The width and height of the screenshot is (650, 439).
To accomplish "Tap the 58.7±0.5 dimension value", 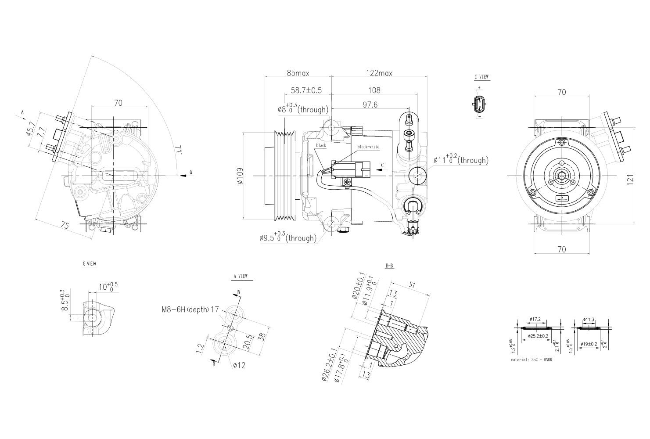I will (306, 90).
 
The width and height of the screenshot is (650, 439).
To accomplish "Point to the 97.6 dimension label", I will (370, 104).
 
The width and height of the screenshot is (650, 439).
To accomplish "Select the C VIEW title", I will (481, 77).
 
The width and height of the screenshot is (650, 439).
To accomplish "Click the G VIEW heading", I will (89, 264).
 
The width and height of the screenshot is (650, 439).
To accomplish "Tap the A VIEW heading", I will (240, 276).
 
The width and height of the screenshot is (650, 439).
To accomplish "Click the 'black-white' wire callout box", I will (368, 147).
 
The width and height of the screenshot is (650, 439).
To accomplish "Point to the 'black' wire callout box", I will (321, 145).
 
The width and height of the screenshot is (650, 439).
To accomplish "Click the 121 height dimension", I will (630, 178).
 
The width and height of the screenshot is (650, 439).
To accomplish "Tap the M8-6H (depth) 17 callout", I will (190, 309).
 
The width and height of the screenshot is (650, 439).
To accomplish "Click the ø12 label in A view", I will (239, 365).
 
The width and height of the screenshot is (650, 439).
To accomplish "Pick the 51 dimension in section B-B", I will (412, 285).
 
